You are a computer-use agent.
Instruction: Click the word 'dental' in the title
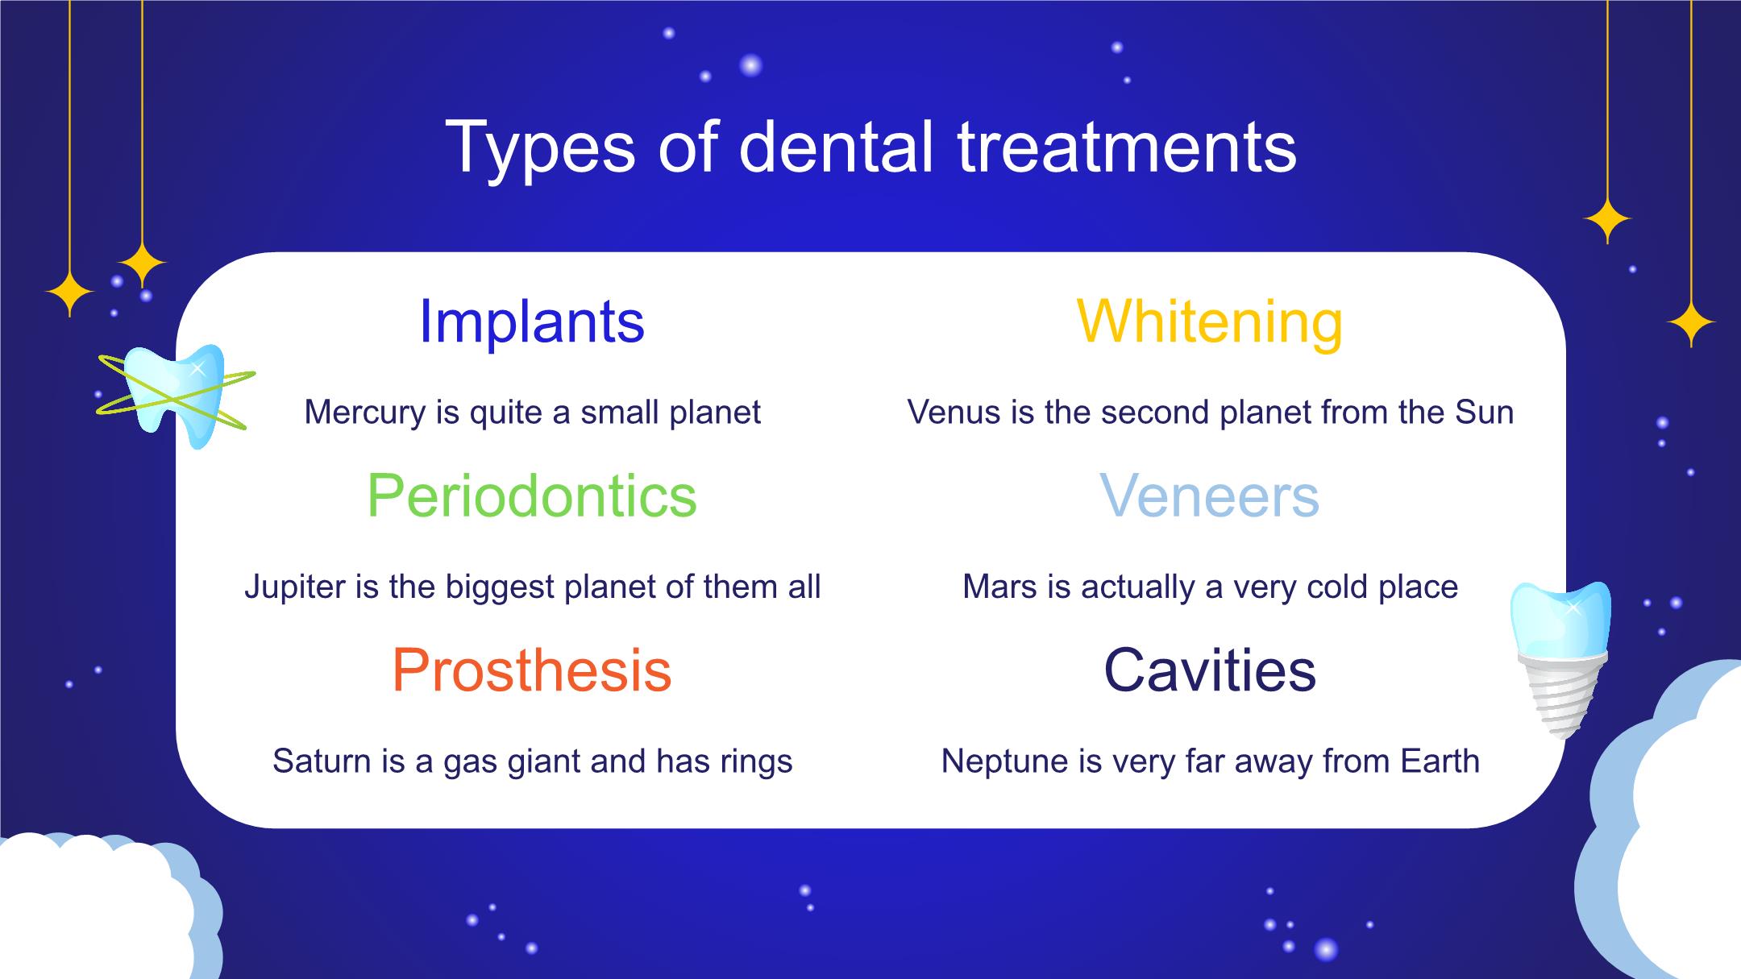pos(836,147)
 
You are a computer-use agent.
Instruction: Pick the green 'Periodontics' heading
pos(532,496)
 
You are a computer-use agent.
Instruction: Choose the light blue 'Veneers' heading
pos(1210,496)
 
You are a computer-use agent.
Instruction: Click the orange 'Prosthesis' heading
pos(532,670)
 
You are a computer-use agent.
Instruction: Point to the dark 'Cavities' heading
pos(1210,670)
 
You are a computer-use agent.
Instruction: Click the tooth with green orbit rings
pos(176,395)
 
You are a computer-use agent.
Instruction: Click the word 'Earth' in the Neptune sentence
pos(1440,761)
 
